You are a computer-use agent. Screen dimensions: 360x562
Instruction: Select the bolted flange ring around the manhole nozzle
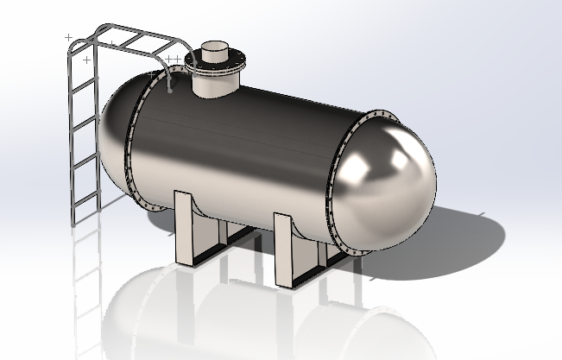[218, 62]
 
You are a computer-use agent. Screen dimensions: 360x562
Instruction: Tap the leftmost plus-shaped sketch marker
[69, 37]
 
